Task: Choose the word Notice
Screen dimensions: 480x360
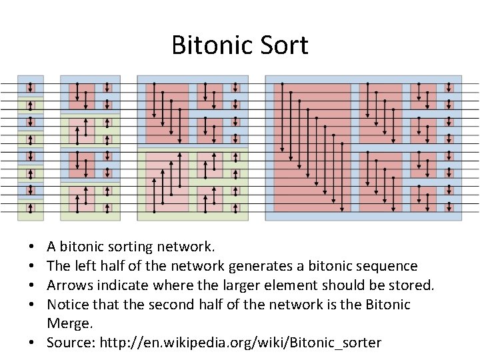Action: (69, 305)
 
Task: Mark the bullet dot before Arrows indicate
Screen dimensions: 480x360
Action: (34, 286)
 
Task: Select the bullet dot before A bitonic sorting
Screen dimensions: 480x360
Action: (34, 248)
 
